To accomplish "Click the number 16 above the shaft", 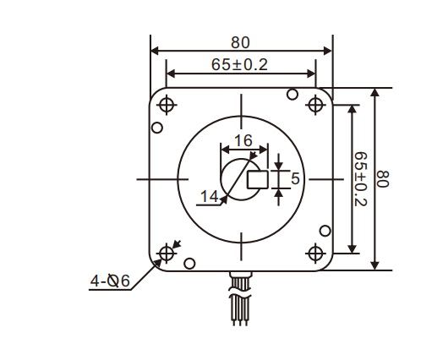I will click(243, 139).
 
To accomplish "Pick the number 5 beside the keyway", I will click(295, 178).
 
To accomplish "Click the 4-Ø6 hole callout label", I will click(110, 281).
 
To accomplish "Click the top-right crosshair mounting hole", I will click(316, 105).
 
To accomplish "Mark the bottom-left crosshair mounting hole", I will click(166, 253).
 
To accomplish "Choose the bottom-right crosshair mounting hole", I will click(316, 253).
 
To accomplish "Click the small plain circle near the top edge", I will click(293, 93).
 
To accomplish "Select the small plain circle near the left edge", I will click(156, 128).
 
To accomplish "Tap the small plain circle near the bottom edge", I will click(189, 263).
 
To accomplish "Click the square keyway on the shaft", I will click(257, 179).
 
